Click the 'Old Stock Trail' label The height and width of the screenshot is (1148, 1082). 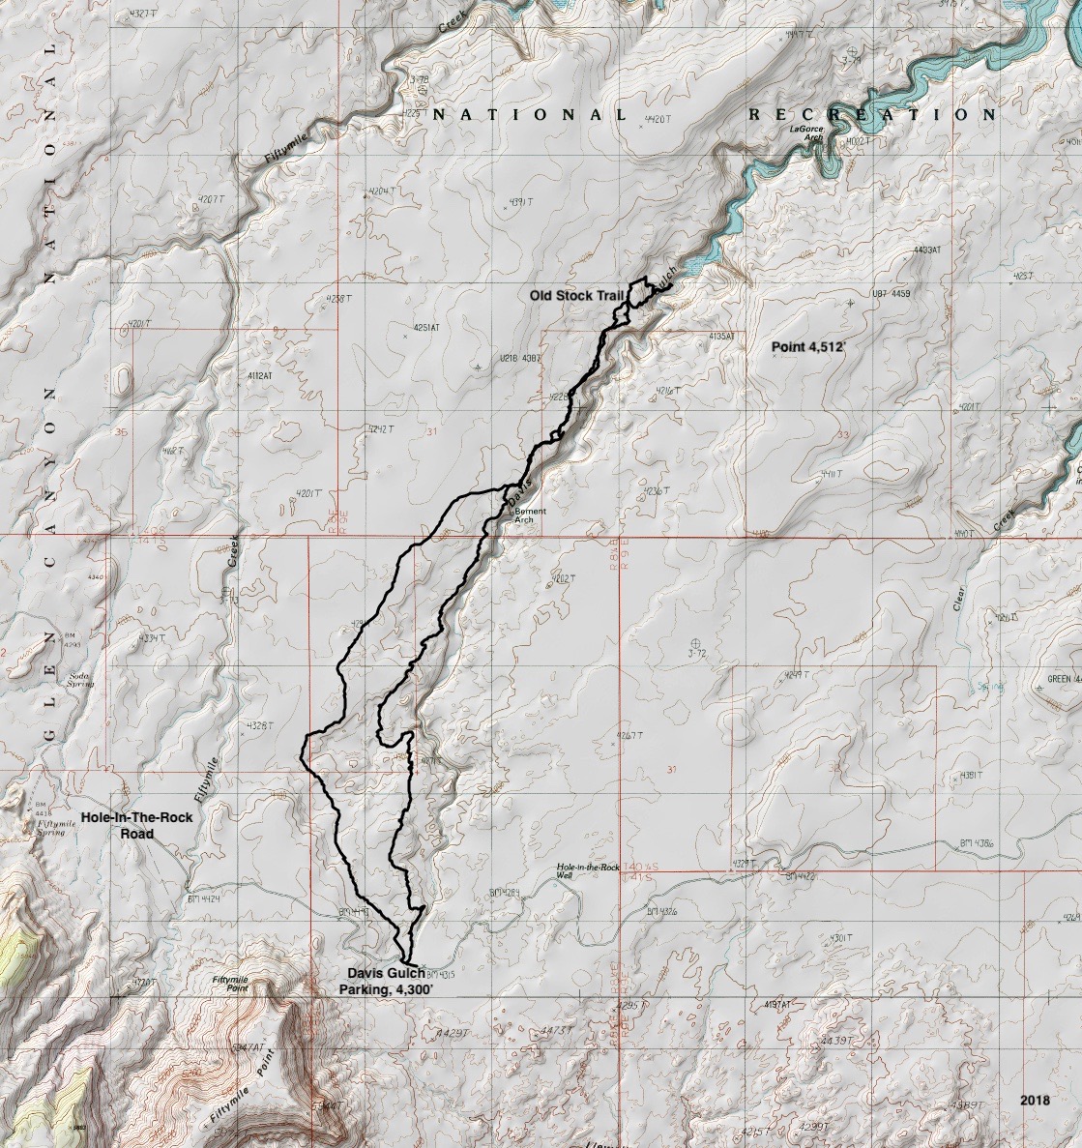(575, 295)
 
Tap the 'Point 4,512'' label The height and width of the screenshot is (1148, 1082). (808, 346)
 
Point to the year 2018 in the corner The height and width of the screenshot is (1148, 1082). (1035, 1101)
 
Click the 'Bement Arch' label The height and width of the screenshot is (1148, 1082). (525, 515)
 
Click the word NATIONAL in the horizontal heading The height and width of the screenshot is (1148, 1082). (530, 115)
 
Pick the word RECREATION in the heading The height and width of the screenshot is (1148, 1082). (872, 115)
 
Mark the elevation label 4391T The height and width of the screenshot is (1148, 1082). (518, 202)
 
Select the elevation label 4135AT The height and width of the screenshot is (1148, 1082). (721, 336)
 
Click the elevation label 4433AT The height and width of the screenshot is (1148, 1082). (926, 250)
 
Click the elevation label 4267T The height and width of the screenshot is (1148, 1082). (629, 736)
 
